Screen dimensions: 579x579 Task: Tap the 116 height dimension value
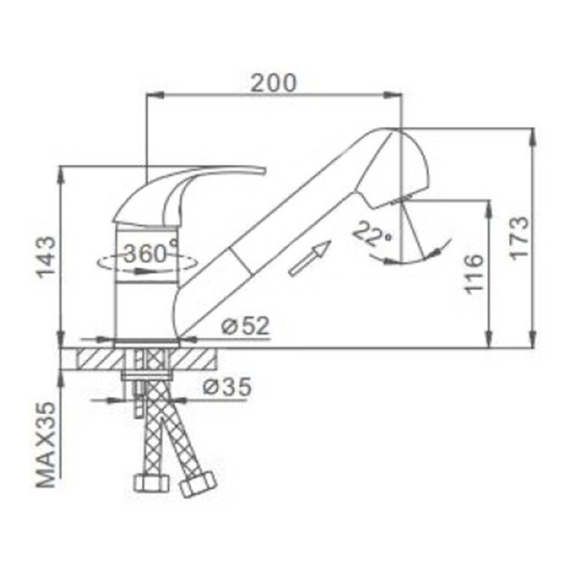click(x=473, y=274)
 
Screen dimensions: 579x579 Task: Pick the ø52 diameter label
click(x=244, y=326)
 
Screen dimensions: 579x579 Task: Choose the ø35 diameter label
click(x=227, y=388)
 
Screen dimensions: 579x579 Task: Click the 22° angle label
click(x=372, y=233)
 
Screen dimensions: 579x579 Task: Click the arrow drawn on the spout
click(x=309, y=259)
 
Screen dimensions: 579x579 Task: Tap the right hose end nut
click(x=198, y=483)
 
